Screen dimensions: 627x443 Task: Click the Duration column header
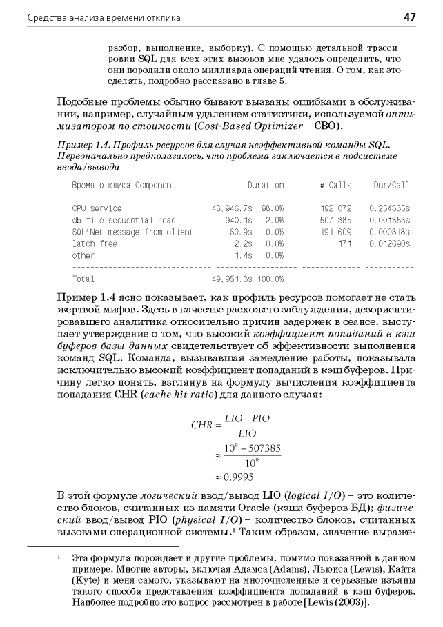[x=266, y=186]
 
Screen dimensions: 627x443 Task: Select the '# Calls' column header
[x=335, y=186]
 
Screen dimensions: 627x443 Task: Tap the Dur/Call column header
[x=391, y=186]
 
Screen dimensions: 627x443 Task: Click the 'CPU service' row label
[x=97, y=208]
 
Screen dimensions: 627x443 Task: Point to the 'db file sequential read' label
[x=114, y=220]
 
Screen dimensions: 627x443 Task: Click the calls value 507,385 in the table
[x=336, y=220]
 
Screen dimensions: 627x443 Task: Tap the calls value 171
[x=345, y=243]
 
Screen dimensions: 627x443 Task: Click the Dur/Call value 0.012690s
[x=389, y=243]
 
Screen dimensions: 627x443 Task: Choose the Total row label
[x=83, y=279]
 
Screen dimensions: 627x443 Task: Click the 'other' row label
[x=83, y=255]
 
